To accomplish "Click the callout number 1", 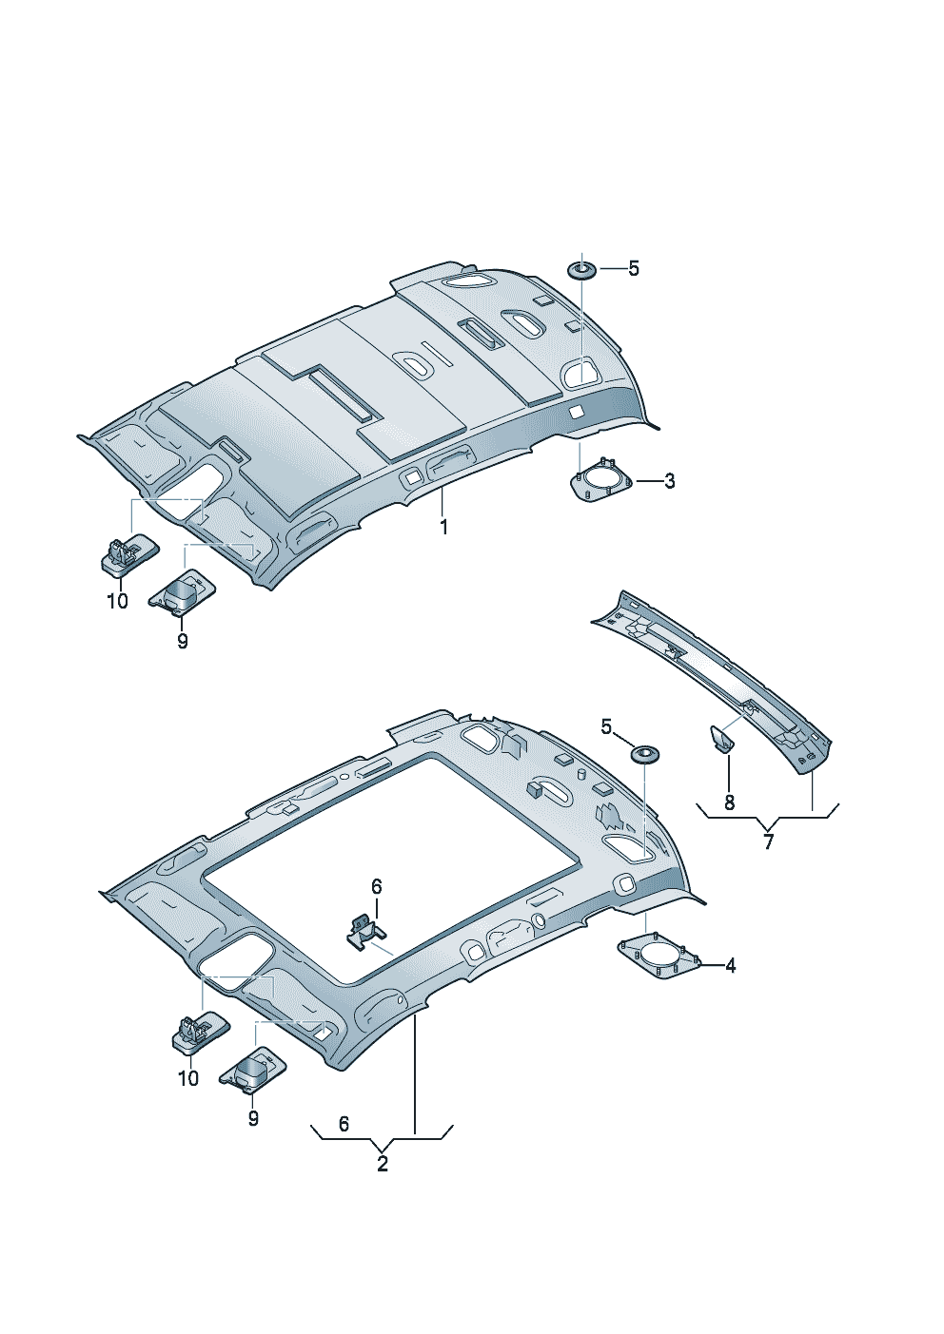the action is coord(443,527).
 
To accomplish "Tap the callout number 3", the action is coord(669,480).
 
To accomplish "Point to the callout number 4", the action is coord(730,965).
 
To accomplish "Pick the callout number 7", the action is coord(768,841).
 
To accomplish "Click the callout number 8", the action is coord(730,802).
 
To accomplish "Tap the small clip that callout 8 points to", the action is coord(721,739).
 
